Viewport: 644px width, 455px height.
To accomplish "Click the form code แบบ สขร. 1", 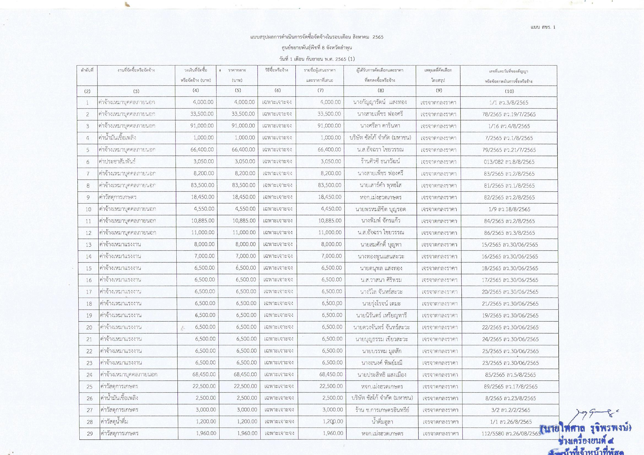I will (x=545, y=27).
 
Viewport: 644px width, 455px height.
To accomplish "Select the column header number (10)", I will (x=509, y=91).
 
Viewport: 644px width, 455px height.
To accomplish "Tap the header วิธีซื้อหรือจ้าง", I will (x=277, y=70).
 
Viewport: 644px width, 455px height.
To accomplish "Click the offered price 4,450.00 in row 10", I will (x=331, y=209).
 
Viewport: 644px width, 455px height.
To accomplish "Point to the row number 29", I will (x=90, y=434).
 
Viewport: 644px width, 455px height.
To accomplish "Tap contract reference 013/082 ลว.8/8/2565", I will (x=509, y=162).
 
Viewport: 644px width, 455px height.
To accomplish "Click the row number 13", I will (x=89, y=245).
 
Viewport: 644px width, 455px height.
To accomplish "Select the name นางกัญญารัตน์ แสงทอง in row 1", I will (x=380, y=102).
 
